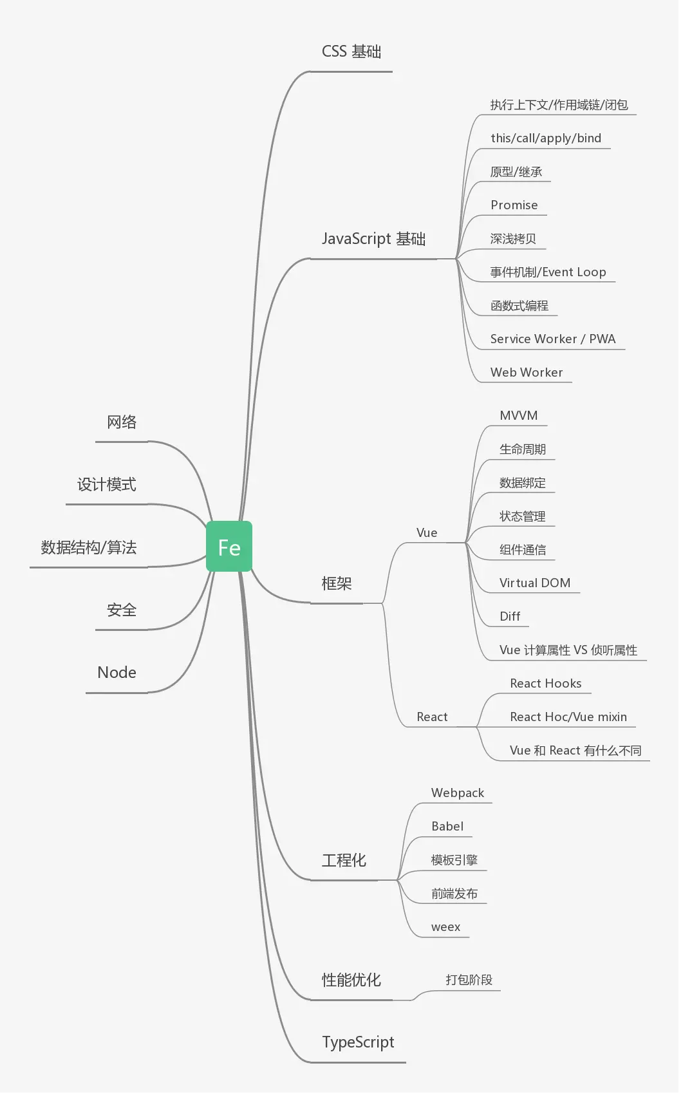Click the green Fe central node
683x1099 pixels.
tap(229, 547)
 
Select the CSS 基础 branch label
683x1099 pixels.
tap(351, 52)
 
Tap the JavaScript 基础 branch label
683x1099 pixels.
tap(373, 239)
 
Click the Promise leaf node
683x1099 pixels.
tap(514, 205)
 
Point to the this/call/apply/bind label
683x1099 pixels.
tap(545, 138)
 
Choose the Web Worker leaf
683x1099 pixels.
tap(526, 372)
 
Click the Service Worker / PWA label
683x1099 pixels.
tap(552, 339)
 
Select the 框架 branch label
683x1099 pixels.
tap(337, 583)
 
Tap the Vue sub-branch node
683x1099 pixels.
tap(427, 532)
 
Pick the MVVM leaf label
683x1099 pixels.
tap(518, 415)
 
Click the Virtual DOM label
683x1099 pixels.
tap(534, 583)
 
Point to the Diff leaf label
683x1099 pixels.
tap(510, 616)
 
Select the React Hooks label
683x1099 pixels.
tap(545, 683)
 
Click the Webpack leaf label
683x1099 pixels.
tap(457, 793)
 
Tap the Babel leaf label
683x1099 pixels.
tap(447, 826)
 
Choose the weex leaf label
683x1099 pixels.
tap(445, 926)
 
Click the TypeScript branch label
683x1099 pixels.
tap(358, 1042)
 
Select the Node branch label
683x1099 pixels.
tap(117, 672)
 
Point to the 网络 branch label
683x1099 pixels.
tap(122, 422)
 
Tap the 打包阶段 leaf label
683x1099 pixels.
tap(469, 979)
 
